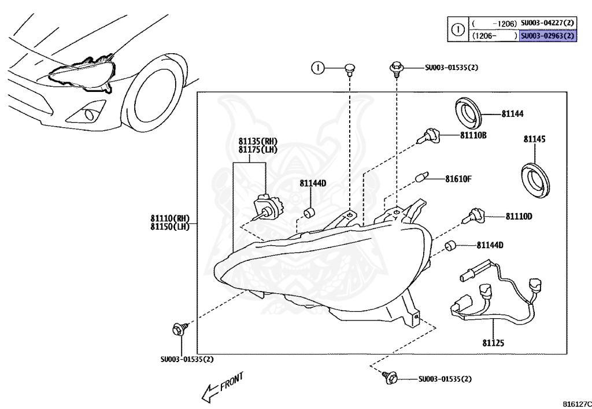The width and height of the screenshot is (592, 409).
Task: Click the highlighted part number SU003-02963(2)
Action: click(x=547, y=35)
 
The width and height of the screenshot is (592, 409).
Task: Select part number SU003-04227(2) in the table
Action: click(x=547, y=23)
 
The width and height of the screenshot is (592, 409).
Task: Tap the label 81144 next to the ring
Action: click(x=513, y=115)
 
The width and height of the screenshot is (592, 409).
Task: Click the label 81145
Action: click(x=535, y=139)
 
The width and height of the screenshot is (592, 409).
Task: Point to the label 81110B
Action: click(x=473, y=135)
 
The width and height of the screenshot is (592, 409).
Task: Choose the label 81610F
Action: click(x=458, y=178)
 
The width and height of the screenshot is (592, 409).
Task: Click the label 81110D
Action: click(x=519, y=216)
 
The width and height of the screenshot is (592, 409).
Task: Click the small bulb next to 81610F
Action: click(x=423, y=177)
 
